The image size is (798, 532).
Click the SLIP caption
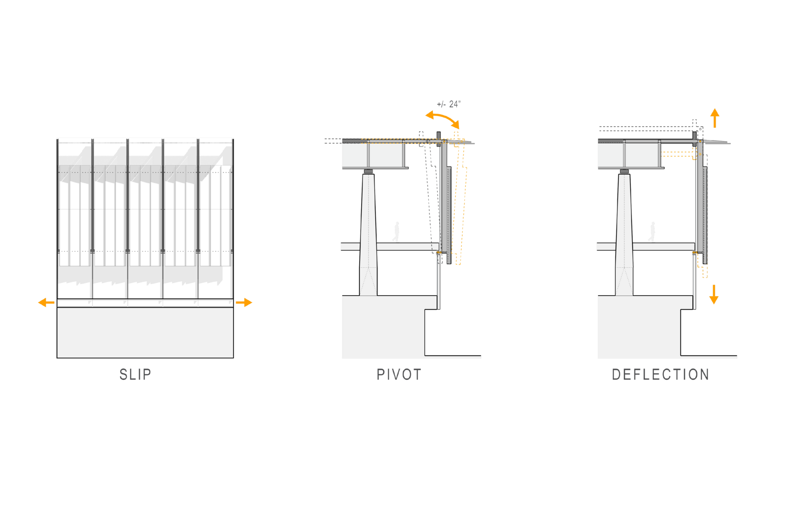(135, 374)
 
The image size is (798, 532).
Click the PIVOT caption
(399, 374)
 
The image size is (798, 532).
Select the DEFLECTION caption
(660, 374)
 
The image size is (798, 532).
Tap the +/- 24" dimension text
(448, 104)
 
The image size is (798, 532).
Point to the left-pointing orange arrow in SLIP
(46, 303)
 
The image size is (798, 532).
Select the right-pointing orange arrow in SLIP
(244, 303)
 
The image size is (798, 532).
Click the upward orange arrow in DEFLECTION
(715, 118)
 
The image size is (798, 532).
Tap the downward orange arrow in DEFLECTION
(714, 295)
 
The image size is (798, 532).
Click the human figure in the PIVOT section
(396, 232)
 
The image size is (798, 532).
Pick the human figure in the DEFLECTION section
(652, 232)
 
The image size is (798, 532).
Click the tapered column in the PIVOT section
(369, 234)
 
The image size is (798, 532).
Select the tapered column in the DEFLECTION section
(624, 234)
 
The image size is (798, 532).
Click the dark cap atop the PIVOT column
(369, 172)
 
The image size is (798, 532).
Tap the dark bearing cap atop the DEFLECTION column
(624, 172)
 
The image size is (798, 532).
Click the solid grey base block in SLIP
(145, 333)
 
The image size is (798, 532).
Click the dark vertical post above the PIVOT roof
(438, 139)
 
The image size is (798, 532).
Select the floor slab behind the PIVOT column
(390, 246)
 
